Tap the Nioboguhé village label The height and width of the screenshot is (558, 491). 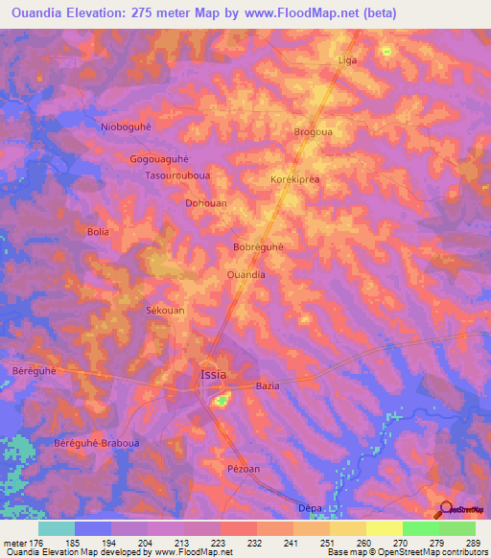pos(127,127)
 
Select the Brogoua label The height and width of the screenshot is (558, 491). pos(313,132)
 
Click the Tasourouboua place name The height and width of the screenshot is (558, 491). pos(176,176)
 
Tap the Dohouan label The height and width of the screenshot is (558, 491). pos(205,203)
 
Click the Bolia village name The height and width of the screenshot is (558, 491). pos(98,232)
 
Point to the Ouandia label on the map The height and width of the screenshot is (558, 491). pos(245,274)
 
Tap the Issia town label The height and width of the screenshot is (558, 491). pos(214,374)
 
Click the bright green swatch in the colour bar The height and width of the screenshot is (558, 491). pos(420,528)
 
